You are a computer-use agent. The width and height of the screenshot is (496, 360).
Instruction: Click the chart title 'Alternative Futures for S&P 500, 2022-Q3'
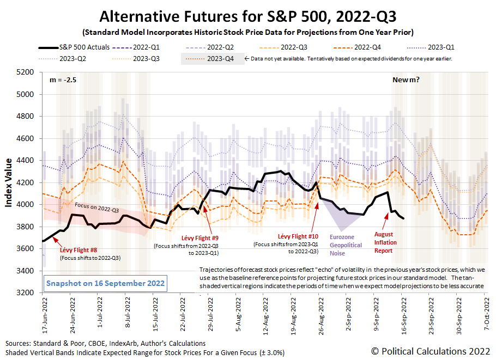[247, 14]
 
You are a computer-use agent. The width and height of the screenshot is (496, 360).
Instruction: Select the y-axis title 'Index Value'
[10, 182]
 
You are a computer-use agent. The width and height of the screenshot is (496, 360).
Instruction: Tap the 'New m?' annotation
[407, 80]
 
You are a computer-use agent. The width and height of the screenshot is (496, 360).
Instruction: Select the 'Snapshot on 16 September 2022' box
[106, 283]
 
